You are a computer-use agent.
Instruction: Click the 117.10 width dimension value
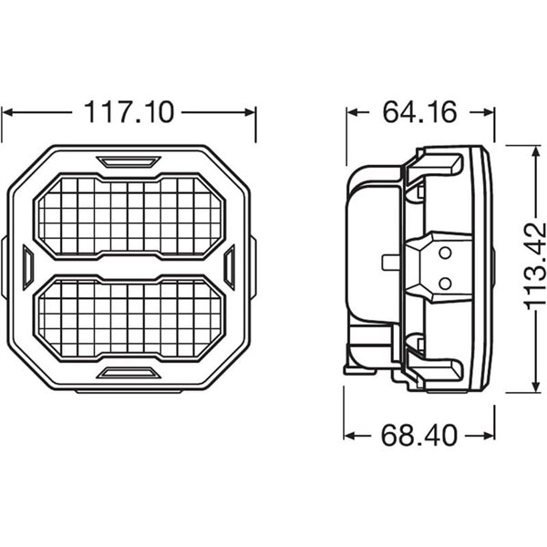129,112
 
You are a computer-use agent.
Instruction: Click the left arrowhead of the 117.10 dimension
7,113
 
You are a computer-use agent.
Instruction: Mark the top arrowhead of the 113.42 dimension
532,148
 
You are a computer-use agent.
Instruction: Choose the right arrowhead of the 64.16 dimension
479,113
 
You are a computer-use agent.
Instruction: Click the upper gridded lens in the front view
129,216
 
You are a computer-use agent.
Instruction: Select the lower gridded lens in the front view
129,317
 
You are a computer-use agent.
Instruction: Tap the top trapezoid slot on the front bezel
129,162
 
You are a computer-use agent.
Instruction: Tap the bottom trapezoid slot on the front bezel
129,372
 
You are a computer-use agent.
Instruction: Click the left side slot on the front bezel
27,267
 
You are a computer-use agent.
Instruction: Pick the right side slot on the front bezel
230,267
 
